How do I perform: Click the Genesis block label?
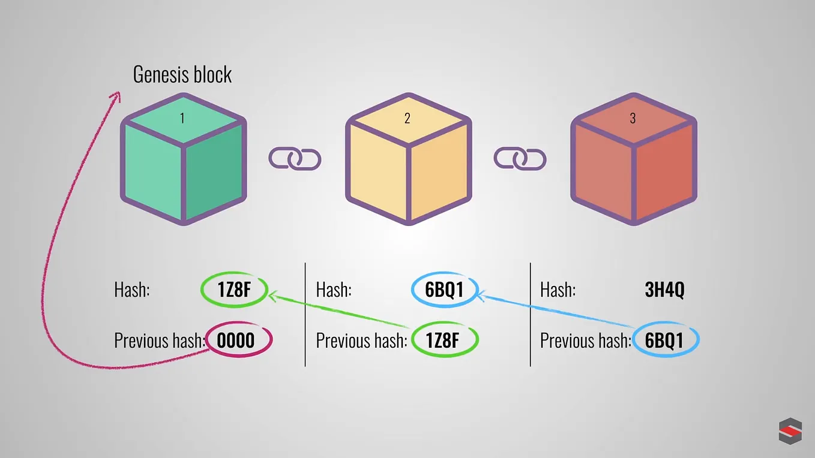[x=182, y=74]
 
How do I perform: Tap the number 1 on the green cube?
[x=182, y=118]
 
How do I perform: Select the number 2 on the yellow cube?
[x=407, y=118]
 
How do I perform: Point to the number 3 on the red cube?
[x=633, y=118]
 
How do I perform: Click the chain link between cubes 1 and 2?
[x=295, y=159]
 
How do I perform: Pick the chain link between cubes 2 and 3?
[x=520, y=159]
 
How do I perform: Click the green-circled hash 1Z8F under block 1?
[x=233, y=290]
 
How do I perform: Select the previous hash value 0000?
[x=236, y=341]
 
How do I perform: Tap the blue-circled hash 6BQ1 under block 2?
[x=444, y=290]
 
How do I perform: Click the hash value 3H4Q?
[x=664, y=290]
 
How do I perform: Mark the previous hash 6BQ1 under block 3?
[x=664, y=341]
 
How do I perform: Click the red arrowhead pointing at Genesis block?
[x=115, y=96]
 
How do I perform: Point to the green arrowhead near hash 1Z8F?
[x=273, y=295]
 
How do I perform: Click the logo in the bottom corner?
[x=790, y=432]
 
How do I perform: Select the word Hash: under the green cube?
[x=131, y=290]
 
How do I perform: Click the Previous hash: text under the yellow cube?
[x=361, y=341]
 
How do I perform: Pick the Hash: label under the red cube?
[x=558, y=290]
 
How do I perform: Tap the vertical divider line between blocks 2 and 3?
[x=531, y=314]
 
